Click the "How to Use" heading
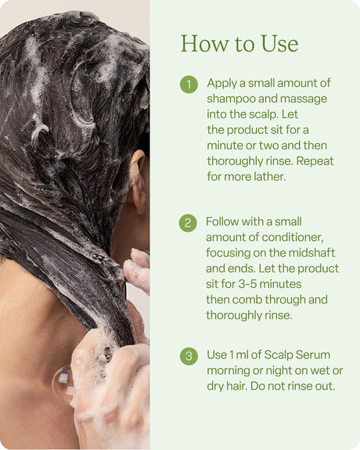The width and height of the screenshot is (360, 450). [239, 44]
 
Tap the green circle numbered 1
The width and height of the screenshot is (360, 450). [189, 85]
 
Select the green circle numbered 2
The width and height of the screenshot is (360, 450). [188, 223]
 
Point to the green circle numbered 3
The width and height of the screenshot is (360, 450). [189, 356]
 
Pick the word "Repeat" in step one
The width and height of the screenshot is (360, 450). [315, 161]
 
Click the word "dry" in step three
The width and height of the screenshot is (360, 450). [215, 387]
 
